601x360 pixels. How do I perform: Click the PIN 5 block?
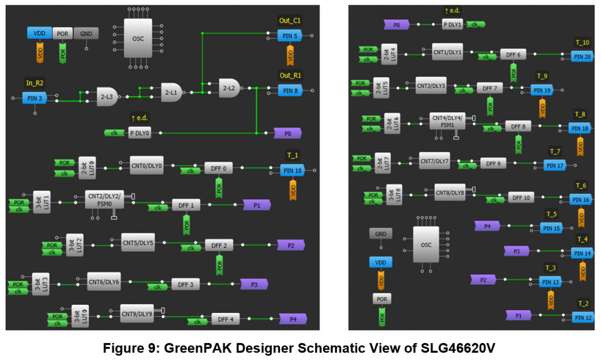pyautogui.click(x=289, y=36)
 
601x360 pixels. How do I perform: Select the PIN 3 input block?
pyautogui.click(x=34, y=97)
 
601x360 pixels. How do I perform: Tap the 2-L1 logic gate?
pyautogui.click(x=171, y=92)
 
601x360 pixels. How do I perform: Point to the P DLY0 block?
pyautogui.click(x=139, y=133)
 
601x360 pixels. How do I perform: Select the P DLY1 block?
pyautogui.click(x=452, y=24)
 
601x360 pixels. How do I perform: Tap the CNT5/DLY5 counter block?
pyautogui.click(x=138, y=242)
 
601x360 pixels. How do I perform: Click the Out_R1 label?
pyautogui.click(x=289, y=76)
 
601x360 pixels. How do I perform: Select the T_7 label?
pyautogui.click(x=555, y=152)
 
